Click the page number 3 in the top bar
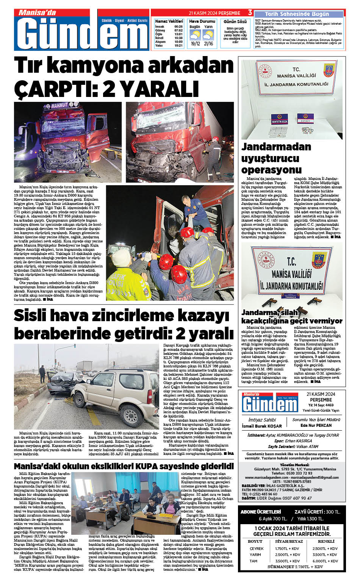(250, 13)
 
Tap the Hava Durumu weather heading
(202, 21)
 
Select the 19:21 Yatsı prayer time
(178, 45)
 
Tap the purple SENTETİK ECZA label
(279, 122)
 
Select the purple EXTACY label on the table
(305, 121)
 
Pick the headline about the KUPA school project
(124, 466)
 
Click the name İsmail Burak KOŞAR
(262, 426)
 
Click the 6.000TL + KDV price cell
(325, 561)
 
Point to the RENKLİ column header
(326, 541)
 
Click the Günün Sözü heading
(235, 22)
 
